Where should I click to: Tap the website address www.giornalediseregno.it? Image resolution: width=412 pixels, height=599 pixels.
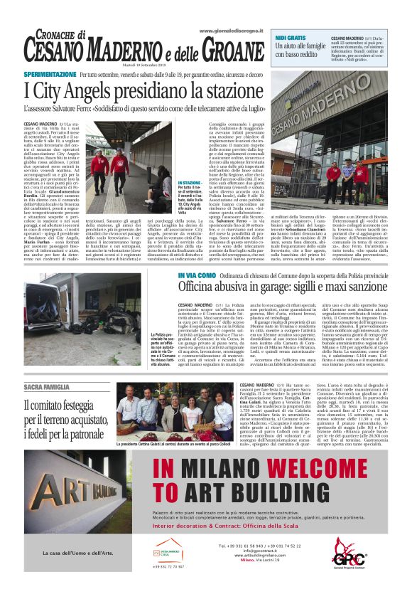pyautogui.click(x=228, y=31)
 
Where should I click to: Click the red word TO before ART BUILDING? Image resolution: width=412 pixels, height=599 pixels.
pyautogui.click(x=161, y=491)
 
